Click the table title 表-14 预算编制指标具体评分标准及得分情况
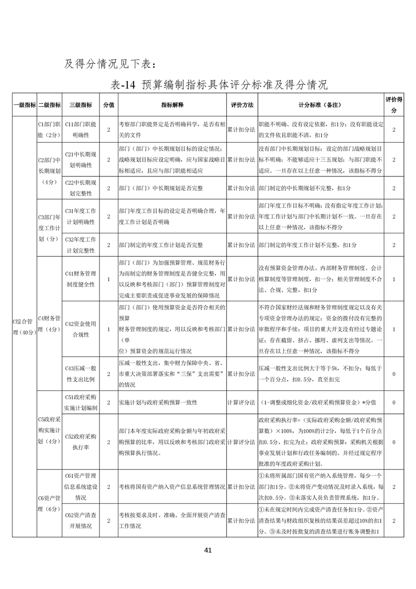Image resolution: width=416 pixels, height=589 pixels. (220, 85)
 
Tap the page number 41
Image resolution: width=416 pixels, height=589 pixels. (207, 551)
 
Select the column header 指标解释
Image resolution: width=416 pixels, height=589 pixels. (172, 105)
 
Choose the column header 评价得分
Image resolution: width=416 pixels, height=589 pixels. (394, 105)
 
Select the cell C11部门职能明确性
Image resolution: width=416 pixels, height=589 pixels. (80, 129)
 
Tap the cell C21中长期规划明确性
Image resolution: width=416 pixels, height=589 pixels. (80, 159)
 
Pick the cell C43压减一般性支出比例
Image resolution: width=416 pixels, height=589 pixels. (80, 373)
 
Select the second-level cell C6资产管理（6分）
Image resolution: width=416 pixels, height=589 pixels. (49, 504)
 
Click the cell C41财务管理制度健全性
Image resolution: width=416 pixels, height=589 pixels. (80, 279)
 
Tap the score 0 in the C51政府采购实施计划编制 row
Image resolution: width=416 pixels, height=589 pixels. (394, 403)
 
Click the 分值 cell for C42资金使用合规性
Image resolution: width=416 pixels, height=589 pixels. (108, 329)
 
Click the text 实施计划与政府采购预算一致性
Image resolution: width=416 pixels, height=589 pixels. (158, 403)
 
